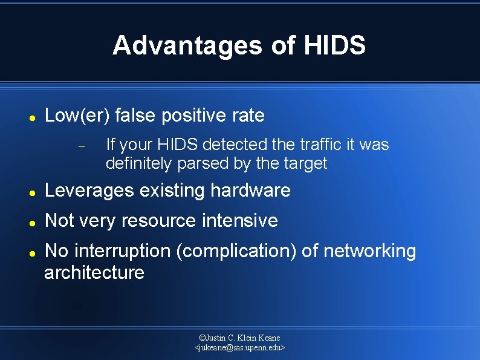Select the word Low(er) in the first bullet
coord(77,115)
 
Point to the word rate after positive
coord(248,115)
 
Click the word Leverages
coord(89,191)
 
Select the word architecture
coord(94,273)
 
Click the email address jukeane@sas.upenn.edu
coord(240,348)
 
